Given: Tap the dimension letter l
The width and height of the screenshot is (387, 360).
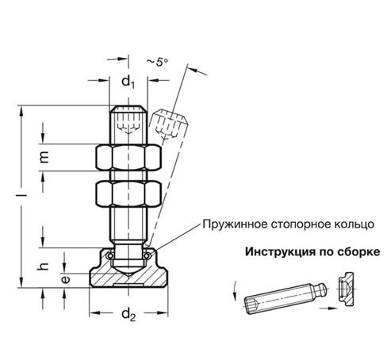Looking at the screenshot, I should click(24, 191).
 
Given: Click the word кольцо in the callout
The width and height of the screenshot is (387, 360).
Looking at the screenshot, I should click(349, 225).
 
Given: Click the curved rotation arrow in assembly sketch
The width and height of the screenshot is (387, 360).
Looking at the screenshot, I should click(236, 293).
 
